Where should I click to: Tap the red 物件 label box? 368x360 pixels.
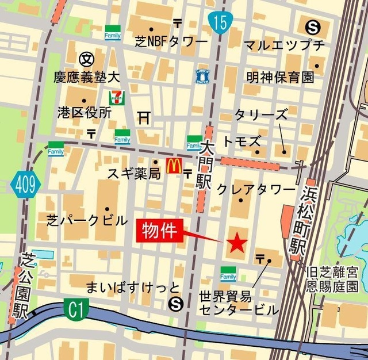pos(159,231)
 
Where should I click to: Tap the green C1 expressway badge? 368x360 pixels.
pos(74,311)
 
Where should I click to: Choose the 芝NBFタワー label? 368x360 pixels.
pos(171,42)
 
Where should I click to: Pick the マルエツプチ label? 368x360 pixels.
pos(284,44)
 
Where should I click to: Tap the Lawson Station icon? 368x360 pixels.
pos(203,75)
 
